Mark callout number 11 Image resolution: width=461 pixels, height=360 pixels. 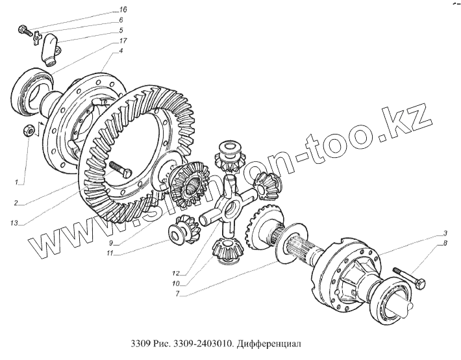110,254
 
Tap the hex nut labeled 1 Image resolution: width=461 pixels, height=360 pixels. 29,131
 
